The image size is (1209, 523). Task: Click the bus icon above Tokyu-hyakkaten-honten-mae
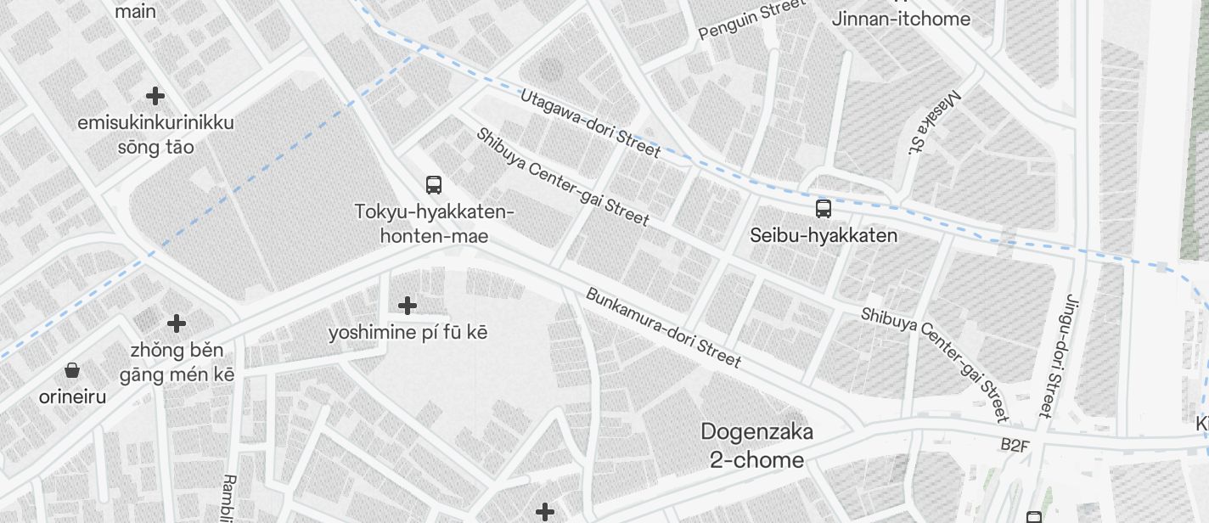(434, 184)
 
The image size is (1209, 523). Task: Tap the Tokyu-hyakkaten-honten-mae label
(435, 223)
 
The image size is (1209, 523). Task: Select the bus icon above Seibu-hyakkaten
(823, 208)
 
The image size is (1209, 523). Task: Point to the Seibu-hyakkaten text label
(823, 235)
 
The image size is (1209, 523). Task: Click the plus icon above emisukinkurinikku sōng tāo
(155, 95)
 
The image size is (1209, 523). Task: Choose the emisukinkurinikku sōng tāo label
(155, 134)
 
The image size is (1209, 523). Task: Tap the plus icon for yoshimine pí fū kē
(408, 305)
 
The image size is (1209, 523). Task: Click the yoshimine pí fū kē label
(408, 332)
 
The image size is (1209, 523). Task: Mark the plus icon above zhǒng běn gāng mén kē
(177, 323)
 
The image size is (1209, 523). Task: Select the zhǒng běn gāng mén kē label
(177, 362)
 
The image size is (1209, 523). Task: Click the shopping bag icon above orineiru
(72, 370)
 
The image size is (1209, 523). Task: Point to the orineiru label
(72, 396)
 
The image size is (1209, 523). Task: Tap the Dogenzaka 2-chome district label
(756, 446)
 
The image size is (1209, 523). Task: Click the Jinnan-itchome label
(901, 19)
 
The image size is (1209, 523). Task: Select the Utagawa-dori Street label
(590, 123)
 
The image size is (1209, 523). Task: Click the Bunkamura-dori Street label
(663, 328)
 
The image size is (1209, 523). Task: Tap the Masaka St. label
(933, 122)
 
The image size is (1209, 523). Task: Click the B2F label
(1014, 445)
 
